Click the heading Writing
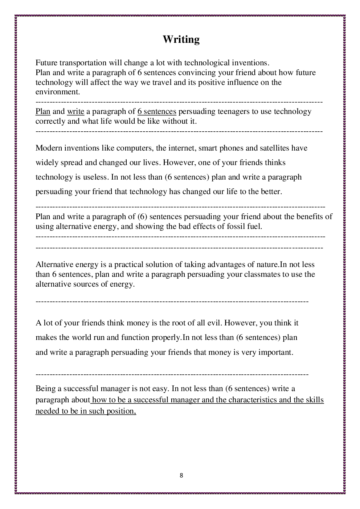coord(181,39)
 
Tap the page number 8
coord(181,475)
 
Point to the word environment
coord(57,92)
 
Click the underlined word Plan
coord(43,111)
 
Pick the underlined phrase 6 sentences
coord(157,111)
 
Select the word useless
coord(95,177)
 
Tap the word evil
coord(214,323)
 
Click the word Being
coord(45,389)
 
